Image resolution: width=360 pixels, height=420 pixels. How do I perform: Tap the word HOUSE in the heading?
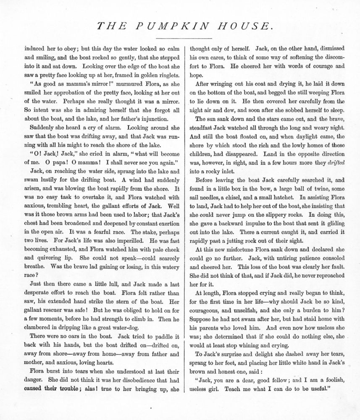pyautogui.click(x=243, y=26)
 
